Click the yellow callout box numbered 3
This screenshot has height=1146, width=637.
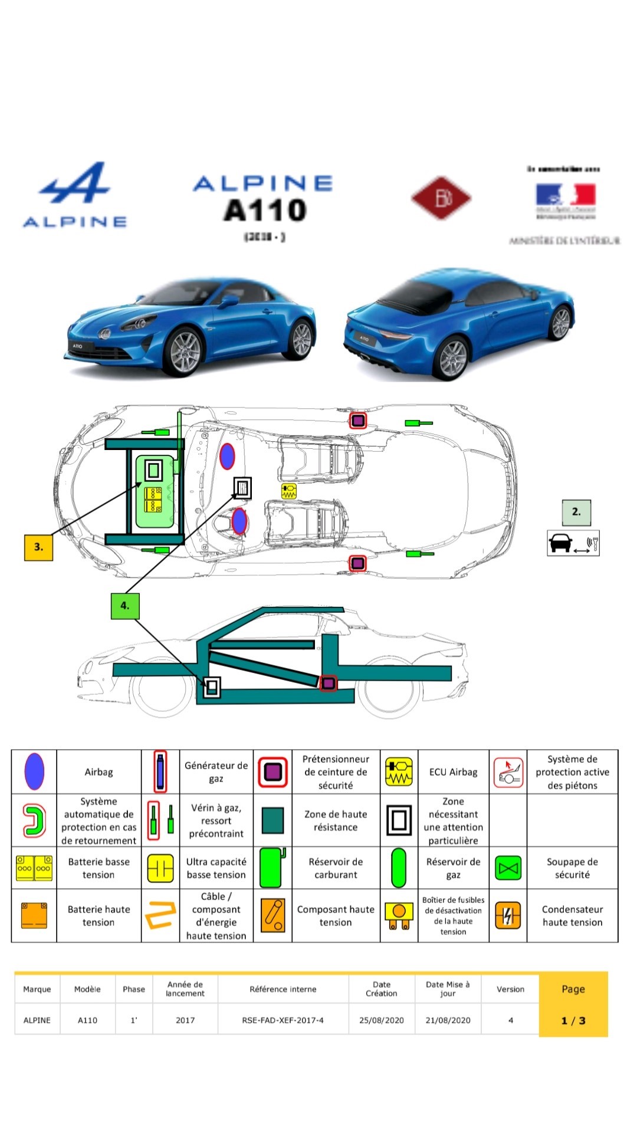coord(38,547)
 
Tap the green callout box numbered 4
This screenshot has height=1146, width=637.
coord(124,605)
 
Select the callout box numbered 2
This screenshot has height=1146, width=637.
coord(576,512)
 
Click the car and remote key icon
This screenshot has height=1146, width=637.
coord(573,543)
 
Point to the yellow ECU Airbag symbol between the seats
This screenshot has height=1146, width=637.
coord(289,491)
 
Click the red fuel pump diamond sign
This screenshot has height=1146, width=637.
coord(441,198)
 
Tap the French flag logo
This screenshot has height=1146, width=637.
coord(565,195)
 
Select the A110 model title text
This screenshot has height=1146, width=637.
coord(265,211)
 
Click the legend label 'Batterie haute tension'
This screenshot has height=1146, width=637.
coord(98,915)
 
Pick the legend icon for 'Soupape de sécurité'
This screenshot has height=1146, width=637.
coord(508,868)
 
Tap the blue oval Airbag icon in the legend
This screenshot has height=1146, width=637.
coord(34,771)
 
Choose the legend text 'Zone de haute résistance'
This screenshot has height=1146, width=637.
coord(335,820)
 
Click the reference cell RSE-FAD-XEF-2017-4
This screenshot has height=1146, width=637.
coord(283,1020)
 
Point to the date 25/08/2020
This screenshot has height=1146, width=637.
coord(381,1020)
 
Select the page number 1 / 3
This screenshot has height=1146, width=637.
coord(573,1020)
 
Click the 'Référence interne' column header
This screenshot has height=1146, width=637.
coord(283,989)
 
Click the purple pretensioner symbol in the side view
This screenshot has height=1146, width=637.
coord(329,684)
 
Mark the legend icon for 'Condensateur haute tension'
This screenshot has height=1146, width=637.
coord(508,915)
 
